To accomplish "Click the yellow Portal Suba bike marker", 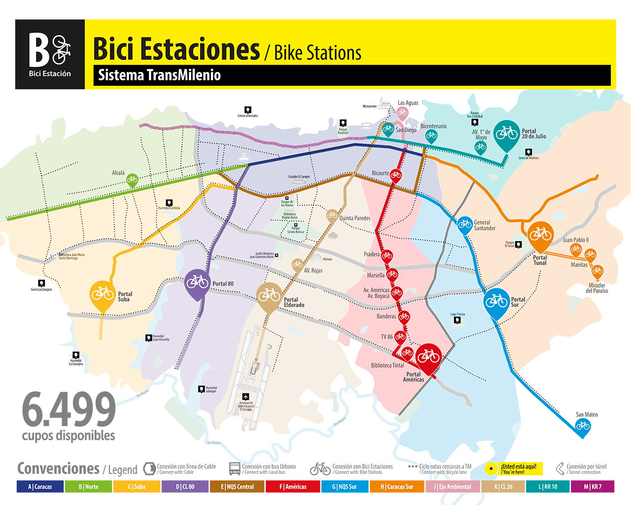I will click(103, 294).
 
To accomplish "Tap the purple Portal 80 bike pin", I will click(197, 283).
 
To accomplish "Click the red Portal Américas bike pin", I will click(428, 357).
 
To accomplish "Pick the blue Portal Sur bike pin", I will click(496, 301).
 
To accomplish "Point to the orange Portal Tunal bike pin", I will click(540, 235).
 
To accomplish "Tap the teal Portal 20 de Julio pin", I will click(506, 134).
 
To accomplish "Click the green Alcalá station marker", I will click(132, 180).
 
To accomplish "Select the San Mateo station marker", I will click(583, 426).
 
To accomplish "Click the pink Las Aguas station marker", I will click(402, 113).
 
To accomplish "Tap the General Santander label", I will click(485, 225).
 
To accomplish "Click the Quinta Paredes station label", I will click(354, 218).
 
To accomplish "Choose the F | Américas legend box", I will click(292, 487).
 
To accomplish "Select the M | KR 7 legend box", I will click(593, 487).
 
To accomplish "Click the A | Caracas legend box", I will click(40, 487).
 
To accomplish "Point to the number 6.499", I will click(69, 410).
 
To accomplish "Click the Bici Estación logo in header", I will click(50, 54).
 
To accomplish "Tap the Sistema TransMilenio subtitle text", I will click(159, 75).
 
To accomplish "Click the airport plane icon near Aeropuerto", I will click(246, 397).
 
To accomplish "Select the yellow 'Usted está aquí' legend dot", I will click(491, 469).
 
